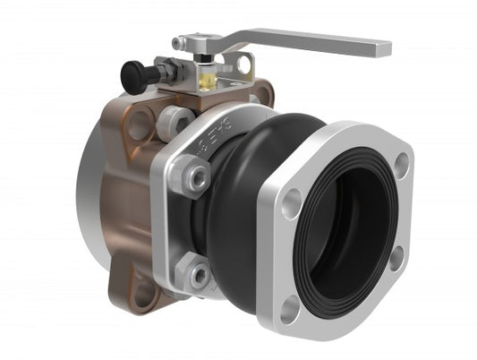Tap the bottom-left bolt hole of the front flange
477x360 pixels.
(289, 309)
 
